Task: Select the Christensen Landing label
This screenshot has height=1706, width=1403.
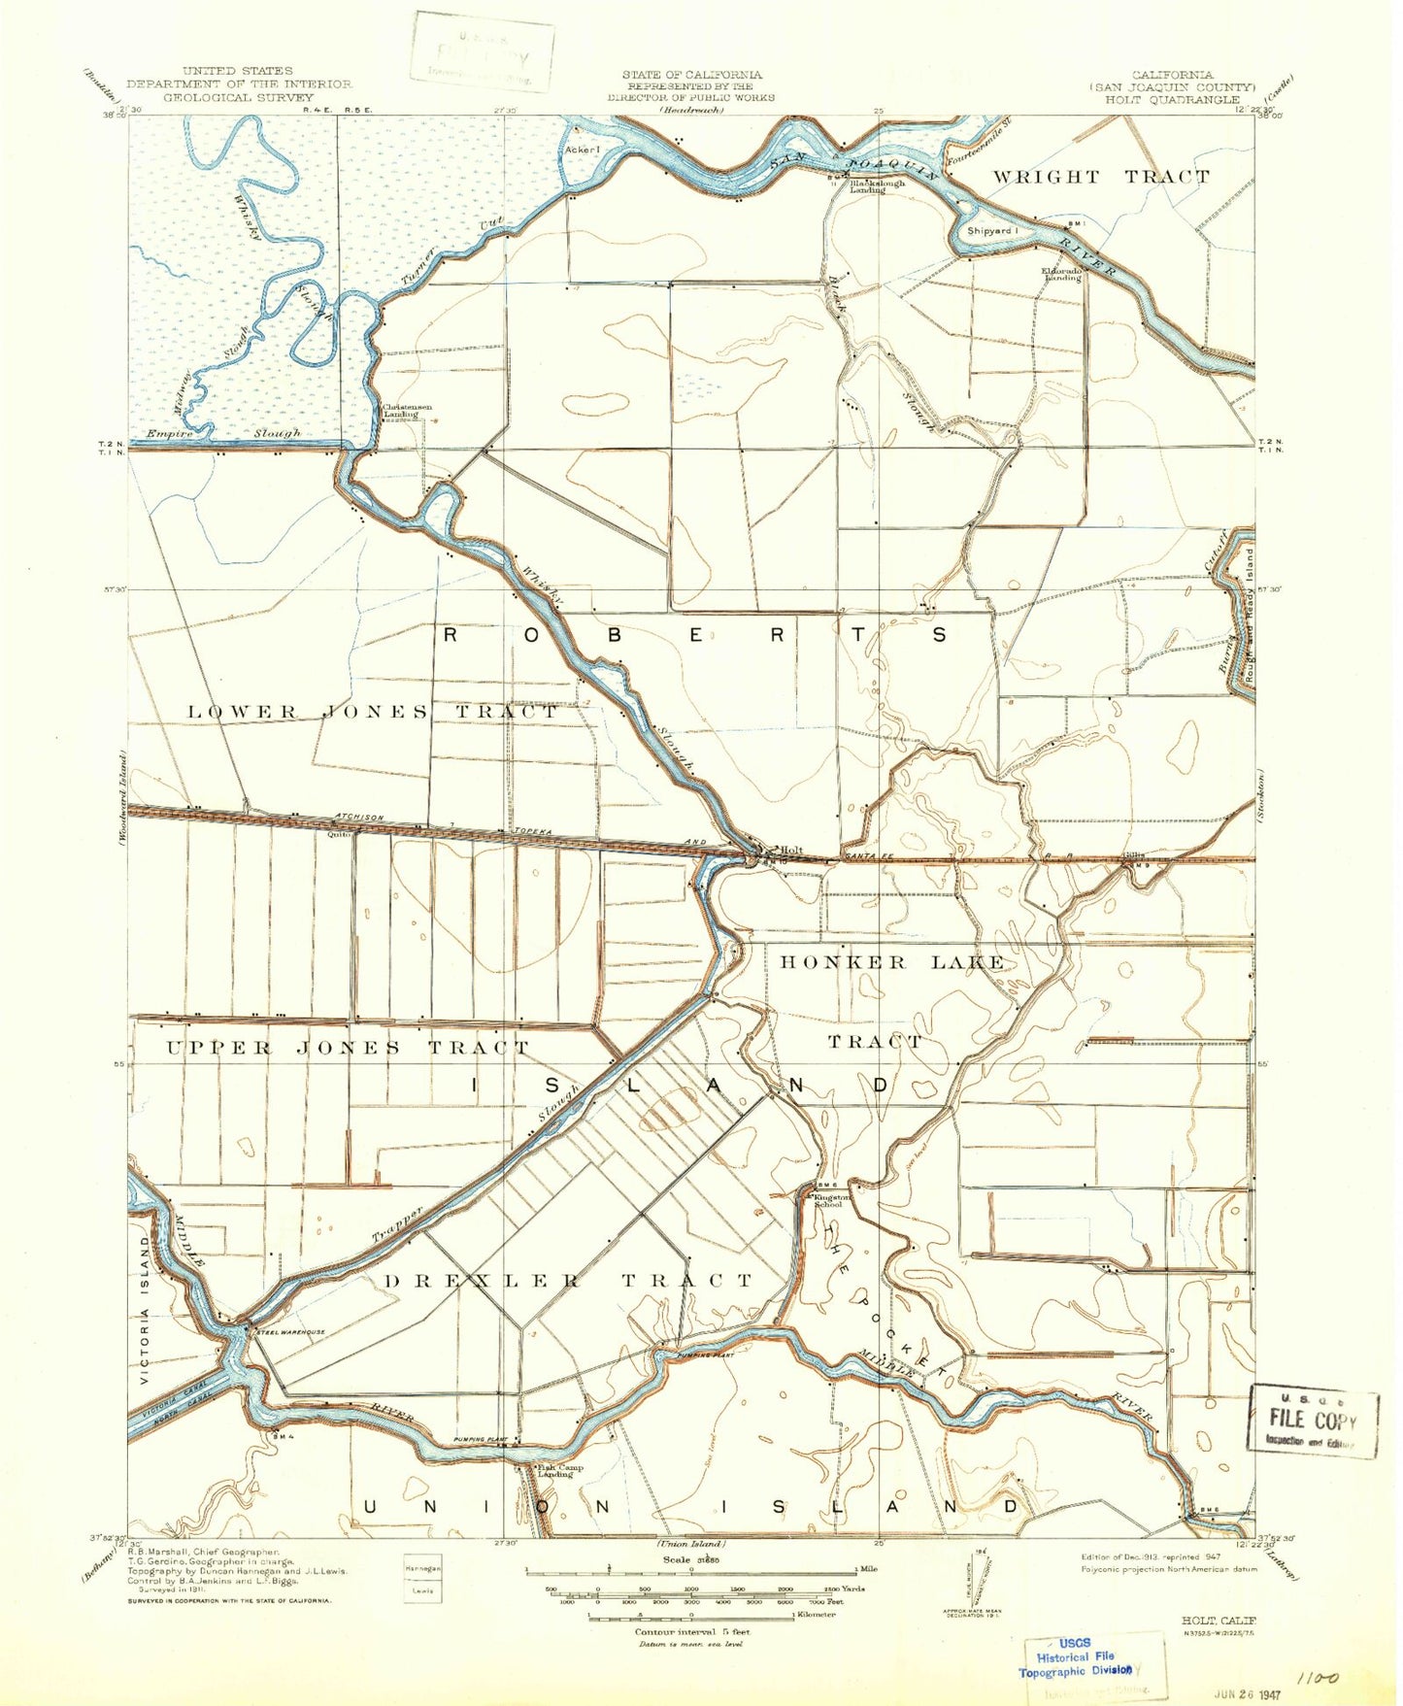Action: (x=400, y=411)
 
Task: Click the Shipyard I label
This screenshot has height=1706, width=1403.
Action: (x=991, y=231)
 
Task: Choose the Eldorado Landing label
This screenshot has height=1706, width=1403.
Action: (x=1061, y=274)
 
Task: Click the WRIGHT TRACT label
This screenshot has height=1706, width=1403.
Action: (x=1100, y=177)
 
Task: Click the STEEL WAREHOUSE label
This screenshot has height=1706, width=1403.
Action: (x=290, y=1332)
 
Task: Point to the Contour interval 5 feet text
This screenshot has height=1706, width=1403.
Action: (x=691, y=1631)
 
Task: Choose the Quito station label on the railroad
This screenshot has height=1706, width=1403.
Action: (x=339, y=833)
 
